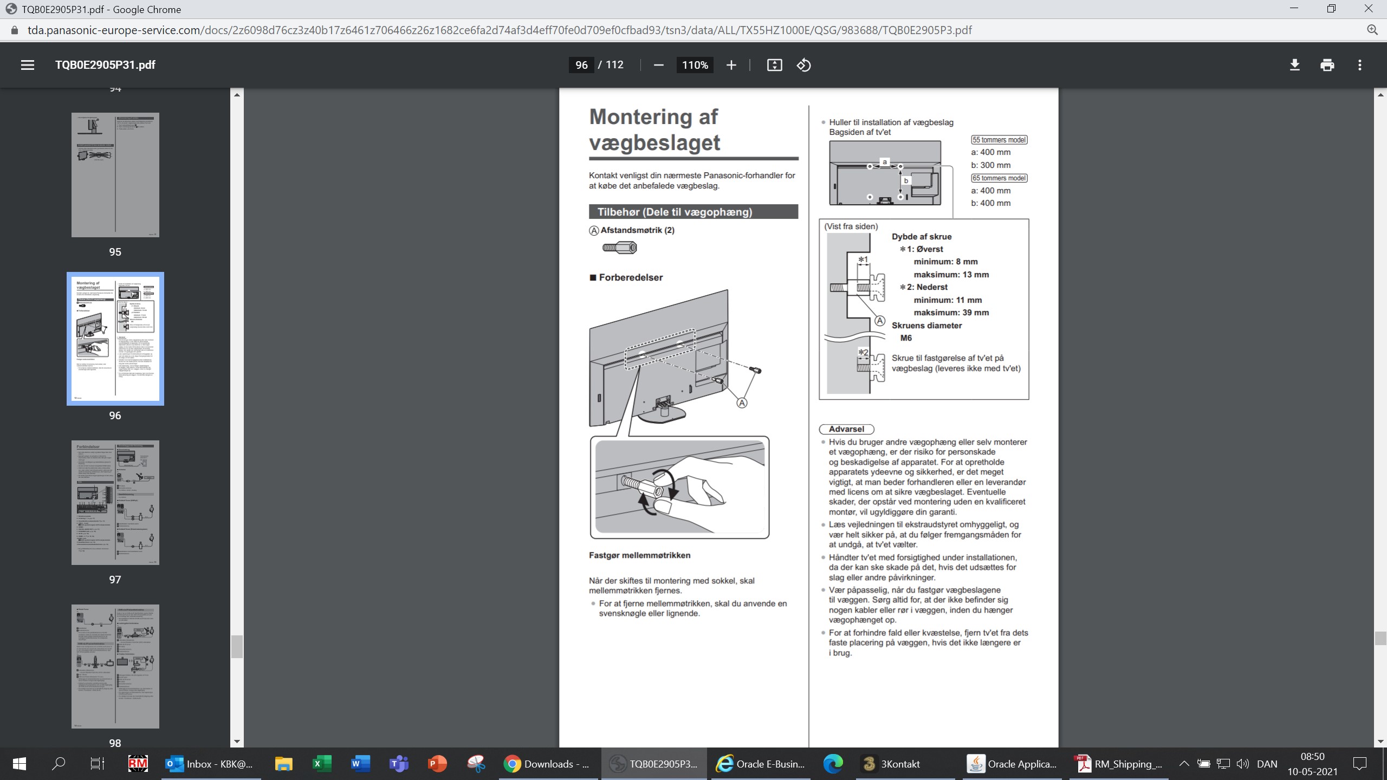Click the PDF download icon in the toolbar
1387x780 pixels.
[1294, 65]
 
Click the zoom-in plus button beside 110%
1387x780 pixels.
[731, 65]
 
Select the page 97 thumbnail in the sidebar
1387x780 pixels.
[115, 502]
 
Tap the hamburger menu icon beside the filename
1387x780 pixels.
[28, 65]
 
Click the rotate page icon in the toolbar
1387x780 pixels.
[803, 65]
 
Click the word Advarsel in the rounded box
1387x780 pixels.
[846, 429]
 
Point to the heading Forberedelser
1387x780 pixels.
[631, 277]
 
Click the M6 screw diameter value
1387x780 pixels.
[906, 338]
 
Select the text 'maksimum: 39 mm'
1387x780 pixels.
[951, 313]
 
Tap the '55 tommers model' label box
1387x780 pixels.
[999, 140]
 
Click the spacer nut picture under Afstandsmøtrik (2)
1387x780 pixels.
[620, 248]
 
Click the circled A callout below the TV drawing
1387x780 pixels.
[742, 403]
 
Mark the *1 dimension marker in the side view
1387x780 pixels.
[863, 260]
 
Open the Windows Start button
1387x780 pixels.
[20, 764]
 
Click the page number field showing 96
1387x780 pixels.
[581, 65]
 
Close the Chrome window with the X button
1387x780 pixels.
[1368, 9]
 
